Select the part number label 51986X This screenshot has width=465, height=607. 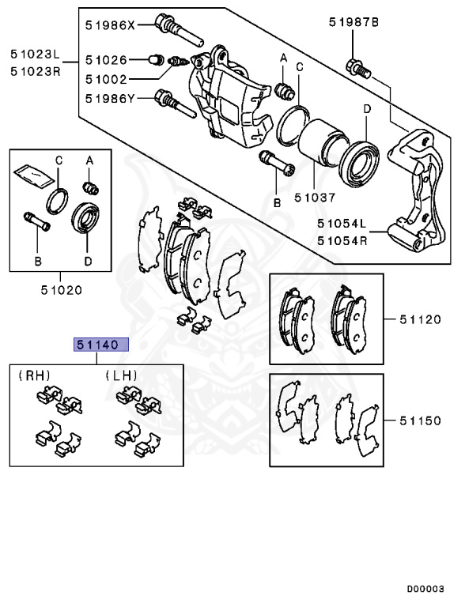pyautogui.click(x=111, y=25)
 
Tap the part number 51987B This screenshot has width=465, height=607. pyautogui.click(x=354, y=23)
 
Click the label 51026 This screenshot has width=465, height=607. pyautogui.click(x=105, y=59)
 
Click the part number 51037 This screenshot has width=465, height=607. pyautogui.click(x=315, y=198)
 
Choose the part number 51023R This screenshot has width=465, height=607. pyautogui.click(x=35, y=70)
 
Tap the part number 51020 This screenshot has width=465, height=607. pyautogui.click(x=62, y=289)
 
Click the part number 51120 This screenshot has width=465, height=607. pyautogui.click(x=419, y=320)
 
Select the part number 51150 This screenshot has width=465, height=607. pyautogui.click(x=419, y=420)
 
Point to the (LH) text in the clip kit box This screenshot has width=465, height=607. pyautogui.click(x=121, y=375)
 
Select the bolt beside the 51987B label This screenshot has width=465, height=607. pyautogui.click(x=357, y=67)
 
